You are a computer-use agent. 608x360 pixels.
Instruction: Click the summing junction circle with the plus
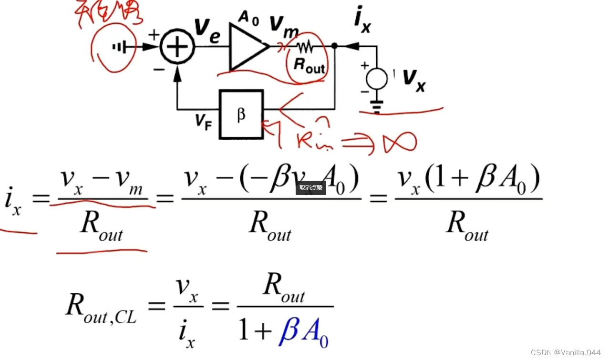[x=177, y=47]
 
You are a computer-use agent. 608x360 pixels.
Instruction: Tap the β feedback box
[x=241, y=114]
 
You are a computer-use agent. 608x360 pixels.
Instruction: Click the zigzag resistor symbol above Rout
[x=305, y=47]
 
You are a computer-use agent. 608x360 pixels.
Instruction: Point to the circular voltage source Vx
[x=377, y=77]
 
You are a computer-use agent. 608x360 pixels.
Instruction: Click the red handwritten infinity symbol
[x=400, y=142]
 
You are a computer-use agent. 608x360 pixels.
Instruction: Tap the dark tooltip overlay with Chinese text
[x=310, y=187]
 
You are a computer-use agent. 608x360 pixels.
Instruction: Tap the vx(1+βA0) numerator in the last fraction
[x=467, y=182]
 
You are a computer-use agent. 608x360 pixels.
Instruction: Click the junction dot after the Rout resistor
[x=335, y=46]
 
